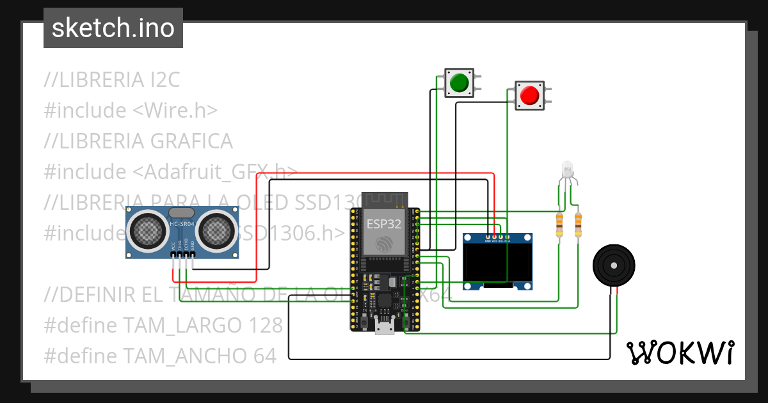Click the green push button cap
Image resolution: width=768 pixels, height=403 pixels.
pyautogui.click(x=459, y=83)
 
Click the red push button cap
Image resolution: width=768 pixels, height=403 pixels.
pyautogui.click(x=529, y=95)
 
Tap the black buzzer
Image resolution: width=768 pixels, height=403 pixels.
pyautogui.click(x=615, y=265)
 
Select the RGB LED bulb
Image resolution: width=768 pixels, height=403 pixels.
pyautogui.click(x=567, y=170)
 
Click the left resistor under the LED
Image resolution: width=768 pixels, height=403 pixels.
pyautogui.click(x=560, y=225)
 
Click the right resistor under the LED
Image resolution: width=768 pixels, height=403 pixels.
pyautogui.click(x=579, y=225)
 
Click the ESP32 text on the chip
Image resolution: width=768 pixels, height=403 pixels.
pyautogui.click(x=384, y=224)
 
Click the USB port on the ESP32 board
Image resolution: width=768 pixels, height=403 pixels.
pyautogui.click(x=384, y=328)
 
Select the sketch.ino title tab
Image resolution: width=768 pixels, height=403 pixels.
pyautogui.click(x=113, y=28)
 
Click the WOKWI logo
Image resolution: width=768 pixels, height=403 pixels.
pyautogui.click(x=680, y=352)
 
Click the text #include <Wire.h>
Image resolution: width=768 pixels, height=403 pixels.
pyautogui.click(x=131, y=110)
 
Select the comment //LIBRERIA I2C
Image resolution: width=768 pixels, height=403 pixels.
pyautogui.click(x=112, y=80)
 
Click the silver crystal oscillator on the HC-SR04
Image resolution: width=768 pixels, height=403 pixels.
pyautogui.click(x=180, y=212)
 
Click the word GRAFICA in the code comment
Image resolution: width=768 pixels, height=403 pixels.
pyautogui.click(x=191, y=141)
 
